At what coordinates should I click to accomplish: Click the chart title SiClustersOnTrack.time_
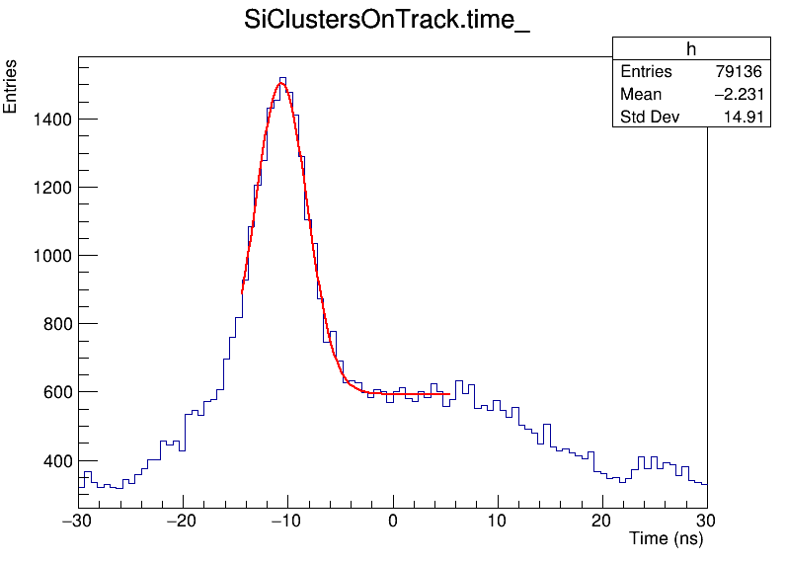click(x=387, y=22)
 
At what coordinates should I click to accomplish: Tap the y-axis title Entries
click(x=11, y=86)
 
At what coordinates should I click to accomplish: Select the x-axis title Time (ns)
click(x=666, y=539)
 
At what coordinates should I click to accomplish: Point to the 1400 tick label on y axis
click(x=46, y=120)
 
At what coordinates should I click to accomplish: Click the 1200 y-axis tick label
click(x=46, y=188)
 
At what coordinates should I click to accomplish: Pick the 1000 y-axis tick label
click(x=46, y=256)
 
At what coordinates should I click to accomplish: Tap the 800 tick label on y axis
click(x=50, y=324)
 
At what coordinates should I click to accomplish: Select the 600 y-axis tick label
click(x=50, y=392)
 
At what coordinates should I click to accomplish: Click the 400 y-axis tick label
click(x=50, y=461)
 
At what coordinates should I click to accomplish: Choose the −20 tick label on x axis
click(x=182, y=522)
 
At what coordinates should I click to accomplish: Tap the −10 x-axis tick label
click(x=286, y=522)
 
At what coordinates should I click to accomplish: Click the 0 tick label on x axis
click(x=393, y=522)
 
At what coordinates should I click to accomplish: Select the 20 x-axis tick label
click(x=602, y=522)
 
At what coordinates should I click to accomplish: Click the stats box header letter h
click(x=691, y=50)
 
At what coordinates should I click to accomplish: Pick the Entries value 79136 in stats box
click(x=739, y=72)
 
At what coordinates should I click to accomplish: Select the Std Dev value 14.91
click(x=743, y=118)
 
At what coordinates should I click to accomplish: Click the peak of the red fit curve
click(x=281, y=83)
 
